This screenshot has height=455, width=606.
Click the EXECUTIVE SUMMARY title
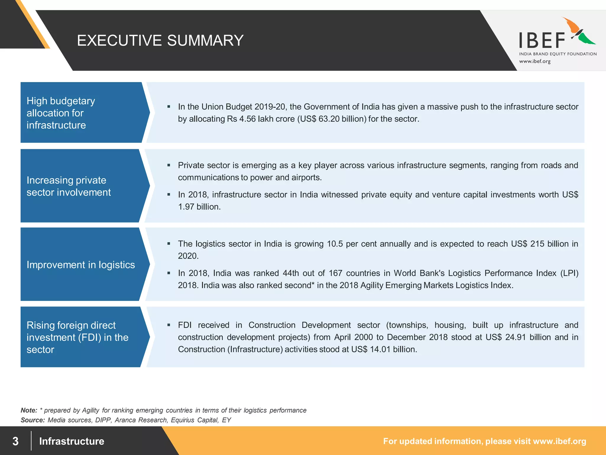tap(160, 40)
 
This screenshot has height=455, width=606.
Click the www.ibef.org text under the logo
tap(535, 61)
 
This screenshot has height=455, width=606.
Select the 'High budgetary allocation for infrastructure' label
tap(61, 113)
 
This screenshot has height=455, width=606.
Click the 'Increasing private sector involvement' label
tap(68, 186)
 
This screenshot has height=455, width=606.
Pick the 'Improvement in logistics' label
tap(80, 265)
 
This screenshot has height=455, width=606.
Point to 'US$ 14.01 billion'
tap(384, 349)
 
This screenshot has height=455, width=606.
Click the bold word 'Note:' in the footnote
tap(29, 410)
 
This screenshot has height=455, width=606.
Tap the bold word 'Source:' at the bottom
tap(33, 420)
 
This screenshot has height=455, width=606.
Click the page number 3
tap(15, 441)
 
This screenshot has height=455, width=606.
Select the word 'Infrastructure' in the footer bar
tap(72, 441)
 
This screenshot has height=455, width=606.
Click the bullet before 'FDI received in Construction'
tap(169, 325)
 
